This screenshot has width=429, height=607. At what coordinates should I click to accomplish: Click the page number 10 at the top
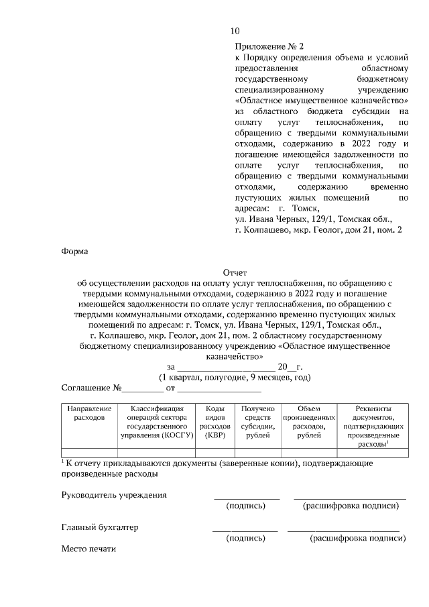tap(235, 31)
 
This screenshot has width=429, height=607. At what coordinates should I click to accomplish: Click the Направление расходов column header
tap(88, 412)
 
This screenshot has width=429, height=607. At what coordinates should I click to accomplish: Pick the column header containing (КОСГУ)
tap(157, 421)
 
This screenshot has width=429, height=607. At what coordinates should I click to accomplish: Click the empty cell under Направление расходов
tap(88, 452)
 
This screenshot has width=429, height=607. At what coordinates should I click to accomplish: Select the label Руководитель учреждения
tap(114, 495)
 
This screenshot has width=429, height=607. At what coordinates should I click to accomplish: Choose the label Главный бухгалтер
tap(100, 527)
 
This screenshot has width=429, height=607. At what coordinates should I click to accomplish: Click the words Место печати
tap(88, 549)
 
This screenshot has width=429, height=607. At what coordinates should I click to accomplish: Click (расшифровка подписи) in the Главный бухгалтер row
tap(357, 538)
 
